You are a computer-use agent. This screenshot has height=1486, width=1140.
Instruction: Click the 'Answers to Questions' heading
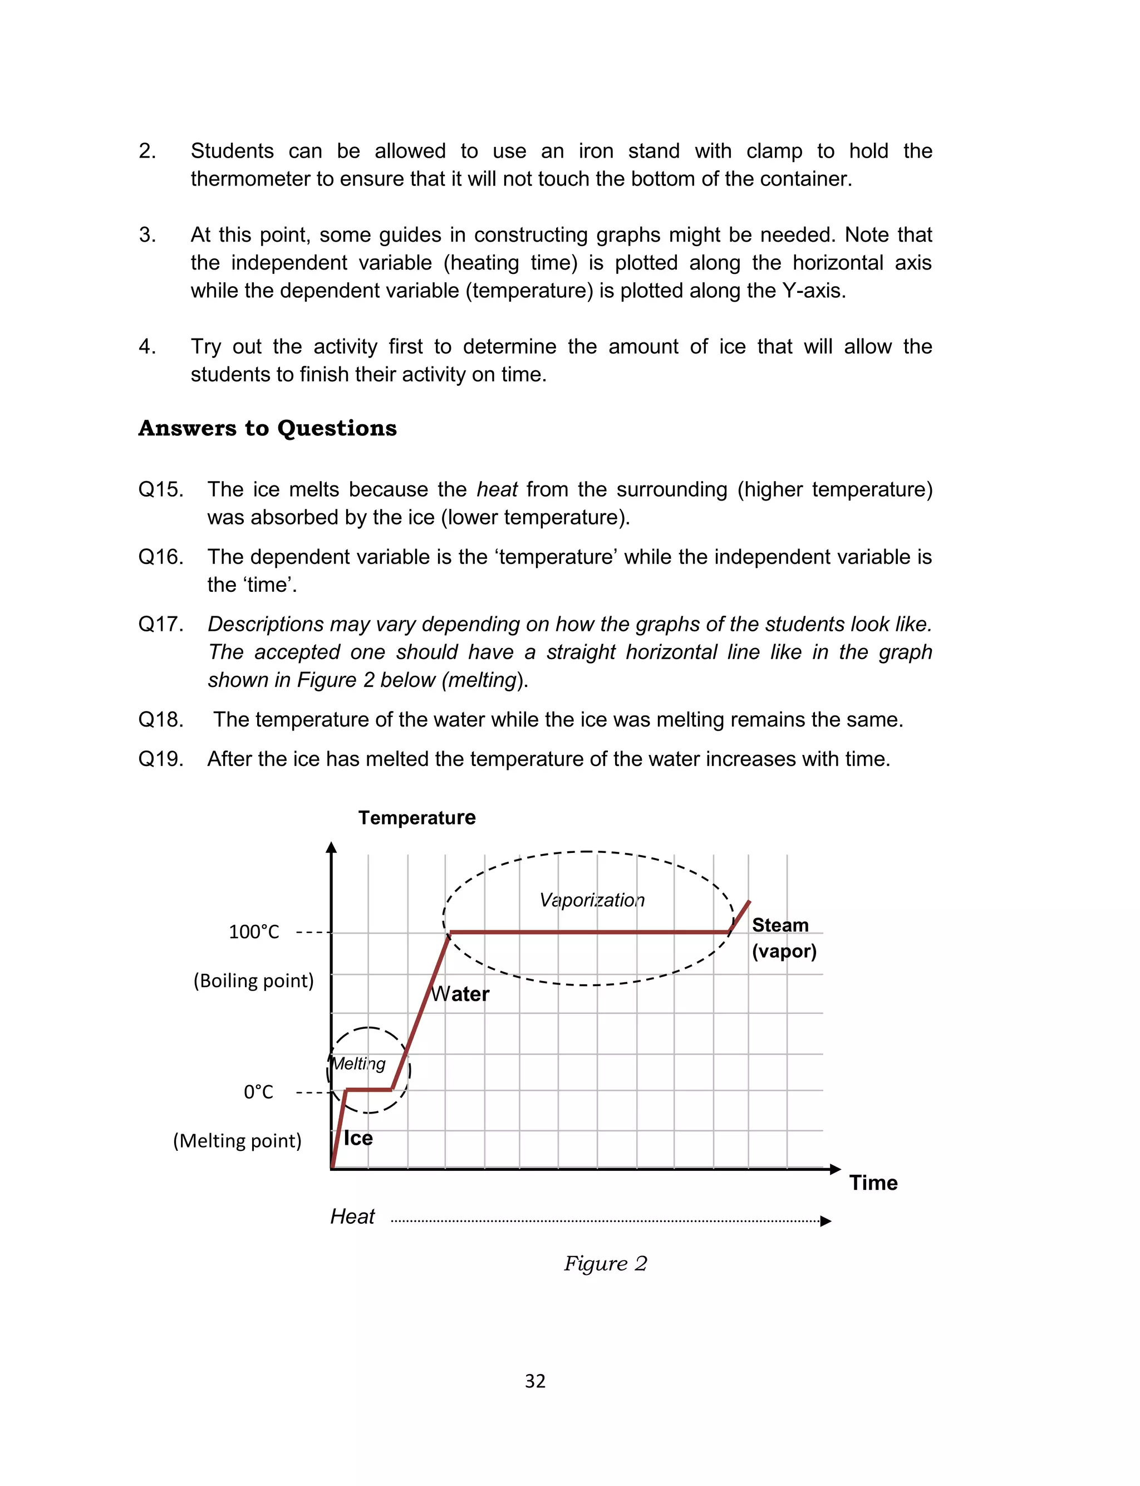click(267, 428)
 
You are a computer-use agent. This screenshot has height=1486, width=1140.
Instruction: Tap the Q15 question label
click(161, 489)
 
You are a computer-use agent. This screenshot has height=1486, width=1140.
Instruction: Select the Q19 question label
click(161, 759)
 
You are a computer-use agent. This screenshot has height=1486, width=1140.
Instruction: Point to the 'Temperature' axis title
click(416, 818)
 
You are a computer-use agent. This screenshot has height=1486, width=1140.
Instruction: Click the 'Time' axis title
click(873, 1183)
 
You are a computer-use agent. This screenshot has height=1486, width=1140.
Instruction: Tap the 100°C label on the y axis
click(254, 931)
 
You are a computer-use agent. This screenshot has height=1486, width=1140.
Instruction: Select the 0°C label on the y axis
click(258, 1092)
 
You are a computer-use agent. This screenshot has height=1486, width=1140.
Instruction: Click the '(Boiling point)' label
click(254, 980)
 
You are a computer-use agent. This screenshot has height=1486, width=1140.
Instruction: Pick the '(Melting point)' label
click(237, 1141)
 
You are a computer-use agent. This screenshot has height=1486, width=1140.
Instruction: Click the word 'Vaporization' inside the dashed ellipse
click(592, 900)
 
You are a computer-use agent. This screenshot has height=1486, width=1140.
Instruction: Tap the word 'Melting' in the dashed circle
click(358, 1063)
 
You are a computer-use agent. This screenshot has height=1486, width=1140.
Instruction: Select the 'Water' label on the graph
click(460, 994)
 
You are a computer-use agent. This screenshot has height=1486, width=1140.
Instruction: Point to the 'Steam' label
click(780, 925)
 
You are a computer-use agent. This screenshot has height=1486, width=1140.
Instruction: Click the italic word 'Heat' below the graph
click(352, 1217)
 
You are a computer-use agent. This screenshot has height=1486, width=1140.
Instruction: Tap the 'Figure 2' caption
click(605, 1263)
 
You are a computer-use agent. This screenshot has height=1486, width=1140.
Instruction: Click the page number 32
click(535, 1381)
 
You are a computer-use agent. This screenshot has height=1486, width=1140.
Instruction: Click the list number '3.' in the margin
click(148, 235)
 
